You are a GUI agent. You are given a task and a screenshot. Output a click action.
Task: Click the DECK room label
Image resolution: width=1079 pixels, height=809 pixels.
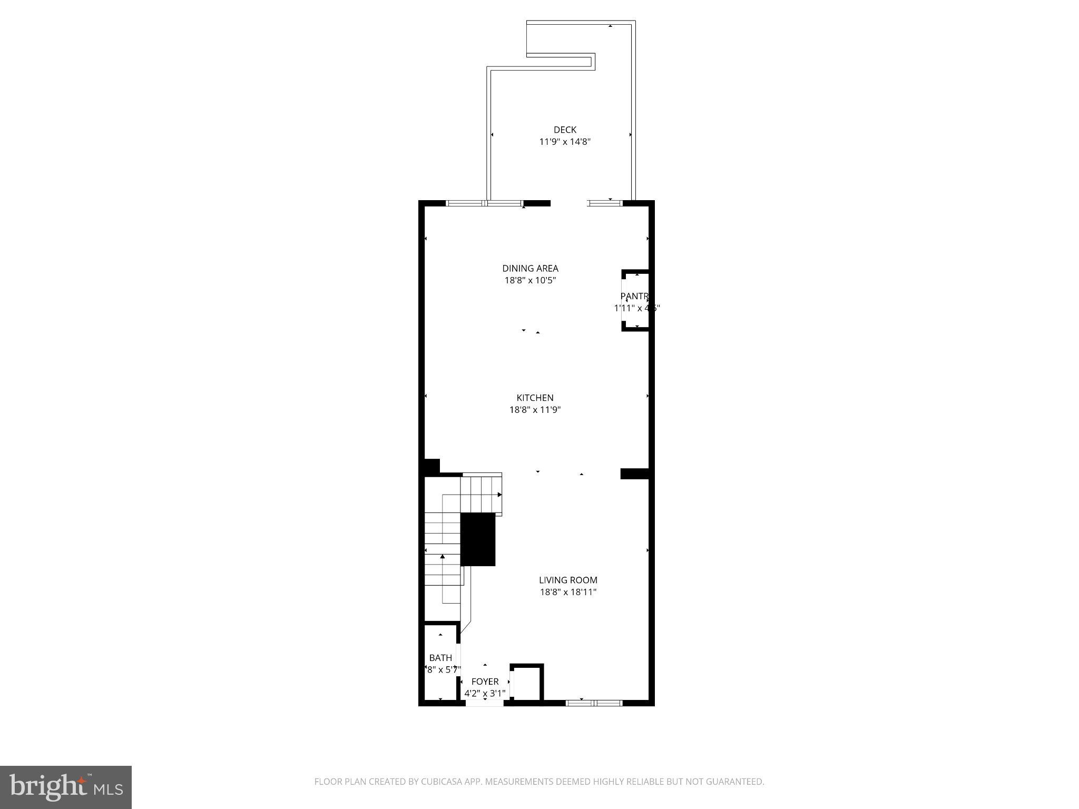click(x=565, y=130)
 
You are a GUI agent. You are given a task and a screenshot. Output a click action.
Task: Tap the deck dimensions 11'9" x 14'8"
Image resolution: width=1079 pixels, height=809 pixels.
click(x=565, y=142)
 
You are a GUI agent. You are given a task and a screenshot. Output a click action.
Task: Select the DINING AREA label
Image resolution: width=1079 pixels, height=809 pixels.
click(x=530, y=269)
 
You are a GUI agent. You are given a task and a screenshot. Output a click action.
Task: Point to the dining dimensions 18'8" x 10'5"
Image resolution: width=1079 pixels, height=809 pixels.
click(x=530, y=281)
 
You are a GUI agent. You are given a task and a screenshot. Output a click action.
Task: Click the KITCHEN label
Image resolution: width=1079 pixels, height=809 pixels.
click(x=535, y=398)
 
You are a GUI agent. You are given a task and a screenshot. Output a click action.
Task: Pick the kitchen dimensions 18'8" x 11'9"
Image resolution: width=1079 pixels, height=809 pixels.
click(x=535, y=410)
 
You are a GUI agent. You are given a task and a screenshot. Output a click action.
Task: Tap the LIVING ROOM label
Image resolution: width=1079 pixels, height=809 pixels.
click(x=568, y=580)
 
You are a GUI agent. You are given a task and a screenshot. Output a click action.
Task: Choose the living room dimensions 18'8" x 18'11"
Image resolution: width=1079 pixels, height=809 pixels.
click(x=568, y=592)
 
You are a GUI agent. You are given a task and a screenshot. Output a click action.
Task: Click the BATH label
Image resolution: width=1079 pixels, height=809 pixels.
click(x=440, y=658)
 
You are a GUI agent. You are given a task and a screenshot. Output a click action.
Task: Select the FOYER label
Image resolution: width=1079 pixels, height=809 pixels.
click(x=485, y=682)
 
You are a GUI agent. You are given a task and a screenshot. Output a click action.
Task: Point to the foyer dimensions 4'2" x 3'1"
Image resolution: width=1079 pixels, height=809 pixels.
click(x=485, y=694)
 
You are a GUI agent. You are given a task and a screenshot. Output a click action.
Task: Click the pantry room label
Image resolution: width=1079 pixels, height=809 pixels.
click(x=634, y=297)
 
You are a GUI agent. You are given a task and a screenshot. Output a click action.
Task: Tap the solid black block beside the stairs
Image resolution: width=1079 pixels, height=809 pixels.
click(x=478, y=539)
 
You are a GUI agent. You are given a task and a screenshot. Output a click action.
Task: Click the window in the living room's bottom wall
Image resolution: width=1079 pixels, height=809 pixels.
click(x=594, y=703)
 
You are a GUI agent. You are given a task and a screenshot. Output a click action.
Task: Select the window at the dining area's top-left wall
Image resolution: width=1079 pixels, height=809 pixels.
click(x=485, y=203)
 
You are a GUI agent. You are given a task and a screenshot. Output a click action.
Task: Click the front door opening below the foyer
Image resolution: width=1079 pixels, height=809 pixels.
click(x=485, y=703)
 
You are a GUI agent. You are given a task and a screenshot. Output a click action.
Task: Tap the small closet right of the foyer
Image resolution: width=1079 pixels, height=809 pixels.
click(x=527, y=683)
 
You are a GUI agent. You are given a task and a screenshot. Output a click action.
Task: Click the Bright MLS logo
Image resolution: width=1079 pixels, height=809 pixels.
click(x=66, y=787)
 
